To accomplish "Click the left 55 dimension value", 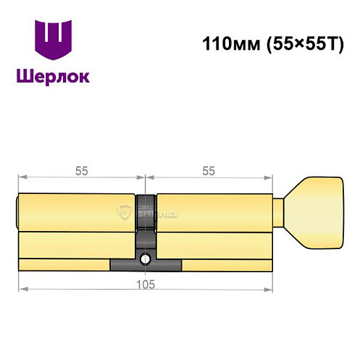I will (x=81, y=172).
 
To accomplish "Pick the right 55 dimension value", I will (x=209, y=172).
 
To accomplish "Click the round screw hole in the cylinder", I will (x=146, y=258).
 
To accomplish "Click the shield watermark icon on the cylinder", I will (x=123, y=211).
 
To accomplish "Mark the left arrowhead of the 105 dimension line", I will (x=22, y=288).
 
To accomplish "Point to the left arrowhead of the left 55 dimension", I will (x=22, y=177).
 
